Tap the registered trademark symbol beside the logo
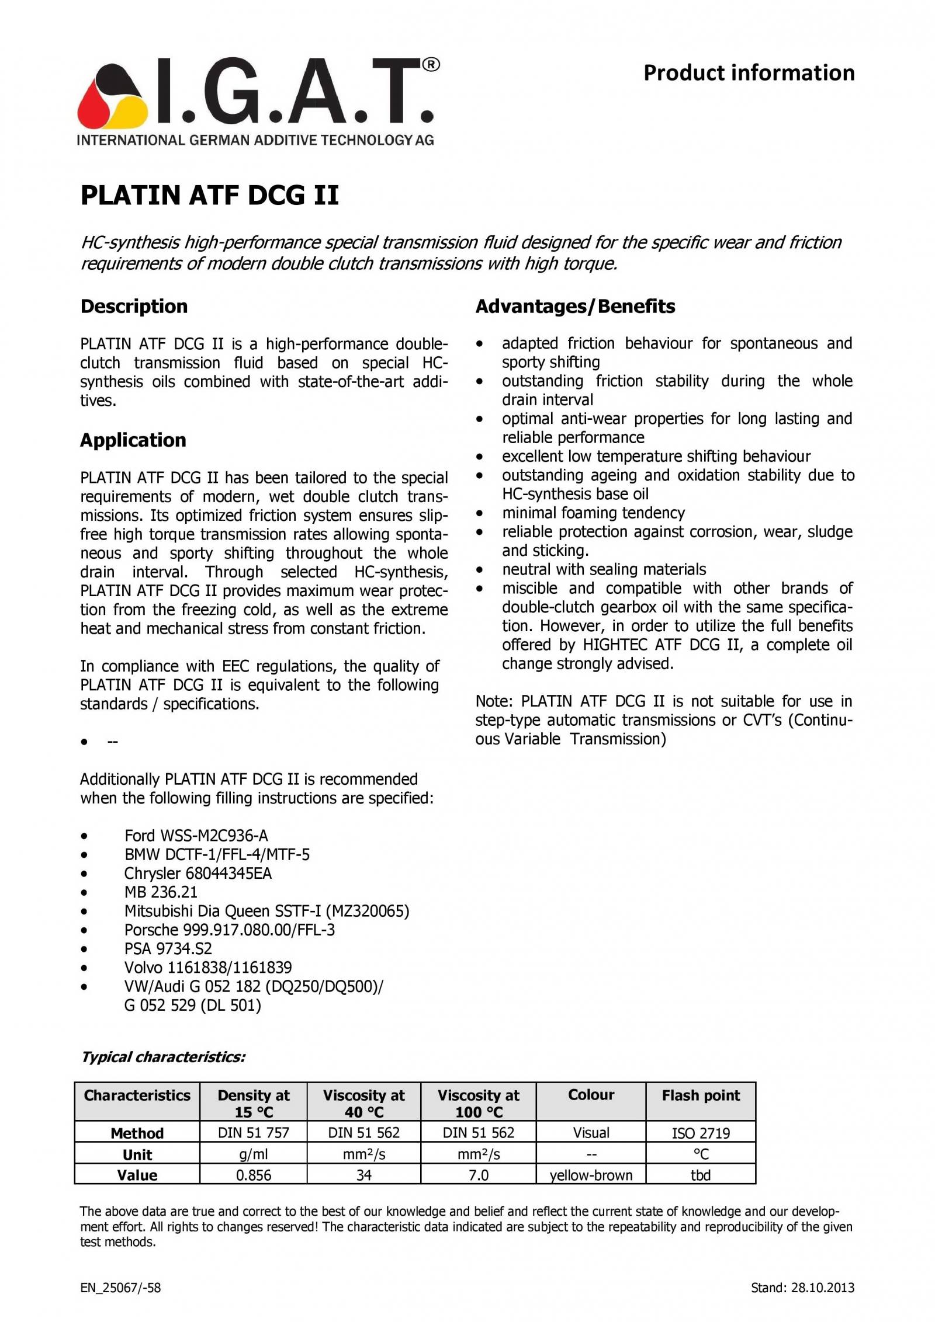[x=430, y=65]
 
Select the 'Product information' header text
[x=749, y=73]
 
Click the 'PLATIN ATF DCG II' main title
[x=209, y=195]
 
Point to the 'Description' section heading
[x=134, y=306]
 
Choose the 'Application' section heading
[x=133, y=440]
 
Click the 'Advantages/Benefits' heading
[x=575, y=306]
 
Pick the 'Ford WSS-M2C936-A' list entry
[x=196, y=836]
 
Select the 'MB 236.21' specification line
[x=161, y=892]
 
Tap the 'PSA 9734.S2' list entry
[x=168, y=949]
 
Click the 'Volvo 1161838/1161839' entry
[x=207, y=968]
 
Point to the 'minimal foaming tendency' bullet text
[x=593, y=513]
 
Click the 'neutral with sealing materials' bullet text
[x=604, y=569]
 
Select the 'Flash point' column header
[x=701, y=1095]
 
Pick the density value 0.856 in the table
[x=254, y=1175]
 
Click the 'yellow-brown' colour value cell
[x=591, y=1175]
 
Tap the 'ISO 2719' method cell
[x=701, y=1133]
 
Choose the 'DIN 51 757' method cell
[x=254, y=1133]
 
